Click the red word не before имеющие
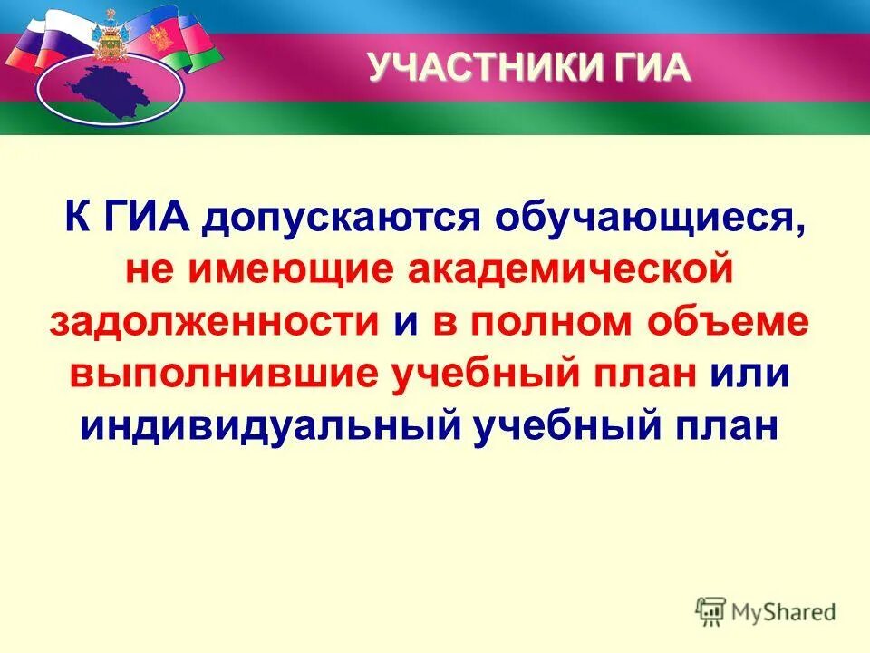pos(146,270)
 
